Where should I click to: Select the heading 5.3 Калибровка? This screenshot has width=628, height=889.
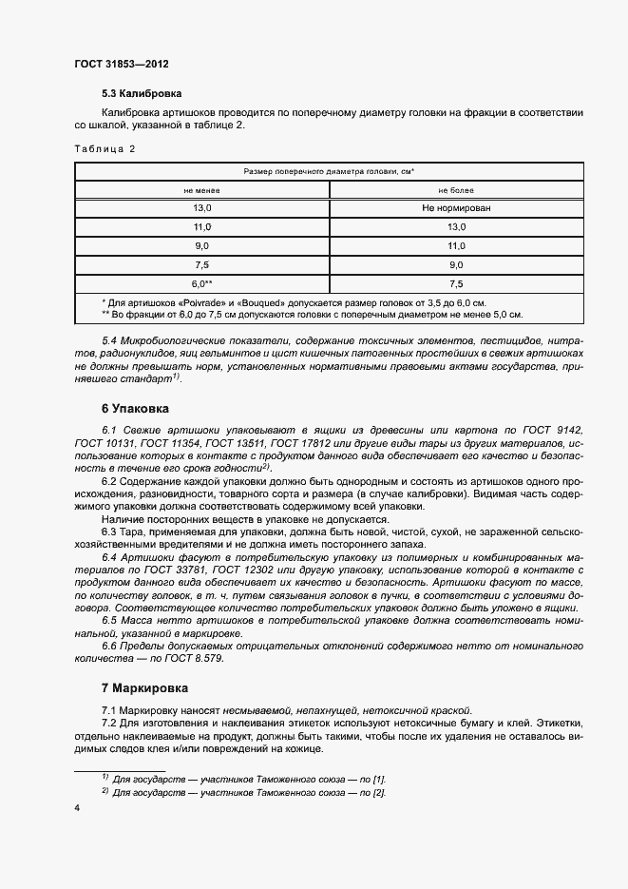(x=142, y=94)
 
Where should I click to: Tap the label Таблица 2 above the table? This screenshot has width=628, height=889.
(x=105, y=148)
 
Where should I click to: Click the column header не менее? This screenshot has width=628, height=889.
(x=201, y=190)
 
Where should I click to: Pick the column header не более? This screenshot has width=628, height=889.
(x=456, y=190)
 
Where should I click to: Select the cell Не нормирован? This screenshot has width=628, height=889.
(x=456, y=208)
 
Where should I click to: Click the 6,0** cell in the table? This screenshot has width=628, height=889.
(x=201, y=283)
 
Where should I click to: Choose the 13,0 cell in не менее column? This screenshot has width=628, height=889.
(x=201, y=208)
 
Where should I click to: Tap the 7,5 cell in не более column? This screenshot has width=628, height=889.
(x=456, y=283)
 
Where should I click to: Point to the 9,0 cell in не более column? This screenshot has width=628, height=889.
(x=456, y=264)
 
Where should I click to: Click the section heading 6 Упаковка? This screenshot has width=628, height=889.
(x=135, y=409)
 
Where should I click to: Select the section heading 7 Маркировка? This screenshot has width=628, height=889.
(x=144, y=687)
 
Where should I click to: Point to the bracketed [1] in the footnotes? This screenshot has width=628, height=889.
(x=379, y=779)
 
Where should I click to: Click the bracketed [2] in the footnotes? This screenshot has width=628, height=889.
(x=379, y=793)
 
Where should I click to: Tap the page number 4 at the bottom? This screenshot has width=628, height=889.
(x=77, y=808)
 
